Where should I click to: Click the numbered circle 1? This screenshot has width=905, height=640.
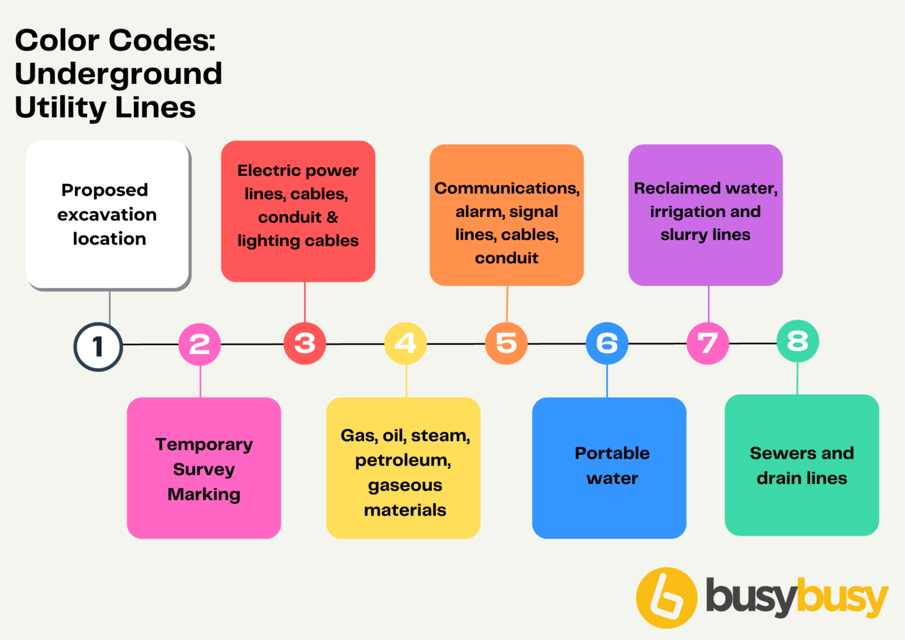[98, 347]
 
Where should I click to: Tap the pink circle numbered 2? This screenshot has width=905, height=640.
[200, 344]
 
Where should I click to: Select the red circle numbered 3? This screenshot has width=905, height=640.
[305, 343]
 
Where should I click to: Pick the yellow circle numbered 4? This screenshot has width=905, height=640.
[405, 343]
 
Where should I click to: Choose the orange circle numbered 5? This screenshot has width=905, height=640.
[506, 343]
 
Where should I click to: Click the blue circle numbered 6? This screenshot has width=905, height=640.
[607, 343]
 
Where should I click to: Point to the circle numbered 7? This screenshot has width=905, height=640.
[708, 343]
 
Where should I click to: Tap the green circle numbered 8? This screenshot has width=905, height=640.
[798, 341]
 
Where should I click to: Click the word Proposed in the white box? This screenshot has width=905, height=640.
[105, 190]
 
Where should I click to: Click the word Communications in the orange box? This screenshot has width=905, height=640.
[507, 188]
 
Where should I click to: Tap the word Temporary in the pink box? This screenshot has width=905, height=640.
[204, 444]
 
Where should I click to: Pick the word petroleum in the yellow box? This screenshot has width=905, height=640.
[403, 460]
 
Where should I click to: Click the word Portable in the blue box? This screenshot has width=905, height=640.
[612, 453]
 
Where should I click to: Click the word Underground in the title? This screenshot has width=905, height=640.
[118, 74]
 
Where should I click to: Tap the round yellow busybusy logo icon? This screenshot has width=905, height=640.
[666, 598]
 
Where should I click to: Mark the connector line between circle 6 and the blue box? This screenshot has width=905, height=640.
[607, 381]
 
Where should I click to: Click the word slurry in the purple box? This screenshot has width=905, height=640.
[683, 235]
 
